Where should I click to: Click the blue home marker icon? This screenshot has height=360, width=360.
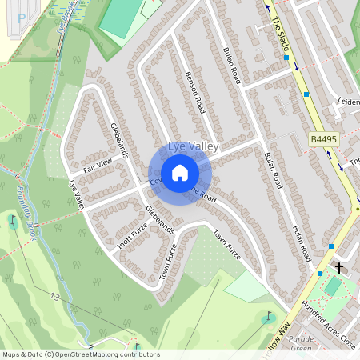click(180, 173)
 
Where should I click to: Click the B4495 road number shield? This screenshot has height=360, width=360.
click(323, 139)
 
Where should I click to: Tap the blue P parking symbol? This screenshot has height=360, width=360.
click(21, 16)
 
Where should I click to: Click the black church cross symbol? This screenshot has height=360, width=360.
click(338, 268)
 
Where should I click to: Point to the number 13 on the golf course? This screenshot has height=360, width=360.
click(54, 297)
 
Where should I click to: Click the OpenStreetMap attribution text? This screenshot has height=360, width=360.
click(80, 354)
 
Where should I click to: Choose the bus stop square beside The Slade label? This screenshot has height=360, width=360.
click(286, 58)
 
